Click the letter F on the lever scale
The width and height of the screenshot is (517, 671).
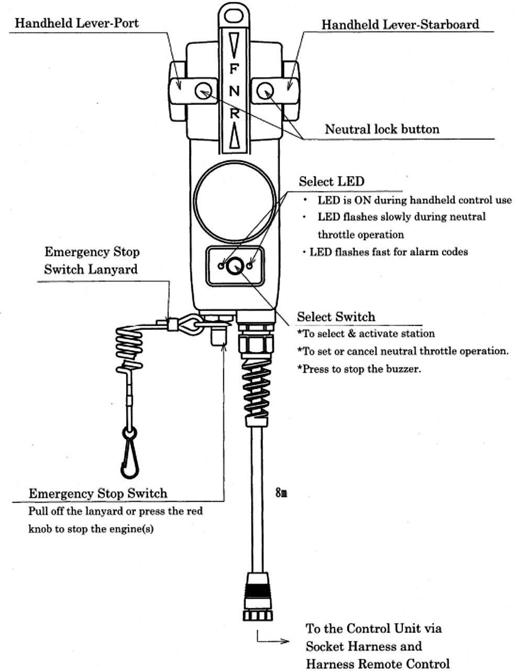(234, 69)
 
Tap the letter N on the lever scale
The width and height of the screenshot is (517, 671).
(234, 91)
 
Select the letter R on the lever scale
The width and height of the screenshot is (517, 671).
(234, 113)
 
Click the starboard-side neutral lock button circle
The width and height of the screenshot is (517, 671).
(266, 91)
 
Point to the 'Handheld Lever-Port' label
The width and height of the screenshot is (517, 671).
(76, 23)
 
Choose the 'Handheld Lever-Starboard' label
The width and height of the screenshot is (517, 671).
(400, 24)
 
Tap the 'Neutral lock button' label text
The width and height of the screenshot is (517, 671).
(382, 129)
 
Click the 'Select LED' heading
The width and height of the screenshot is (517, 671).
(331, 181)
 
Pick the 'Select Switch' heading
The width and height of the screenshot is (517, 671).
(336, 317)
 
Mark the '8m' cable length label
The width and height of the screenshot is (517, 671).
(281, 493)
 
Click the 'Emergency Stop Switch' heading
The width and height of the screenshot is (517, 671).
(98, 493)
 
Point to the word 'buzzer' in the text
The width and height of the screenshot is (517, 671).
(403, 369)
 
